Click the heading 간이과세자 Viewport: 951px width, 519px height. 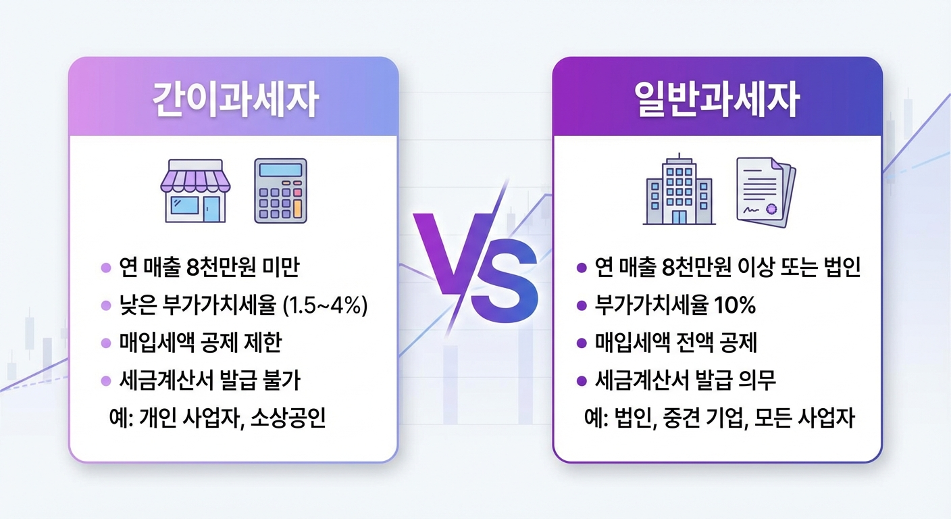234,101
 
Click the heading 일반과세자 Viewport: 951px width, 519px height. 717,101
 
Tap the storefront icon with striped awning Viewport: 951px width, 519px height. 195,191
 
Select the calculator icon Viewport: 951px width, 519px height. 280,191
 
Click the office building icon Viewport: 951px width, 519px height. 678,191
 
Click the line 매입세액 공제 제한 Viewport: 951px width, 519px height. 200,343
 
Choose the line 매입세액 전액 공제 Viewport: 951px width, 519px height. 676,343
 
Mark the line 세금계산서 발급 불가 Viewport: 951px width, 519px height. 209,380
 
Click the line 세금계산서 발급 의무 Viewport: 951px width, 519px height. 686,380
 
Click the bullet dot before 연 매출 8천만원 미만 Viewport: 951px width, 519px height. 105,269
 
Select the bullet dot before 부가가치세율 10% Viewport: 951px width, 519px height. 582,307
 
